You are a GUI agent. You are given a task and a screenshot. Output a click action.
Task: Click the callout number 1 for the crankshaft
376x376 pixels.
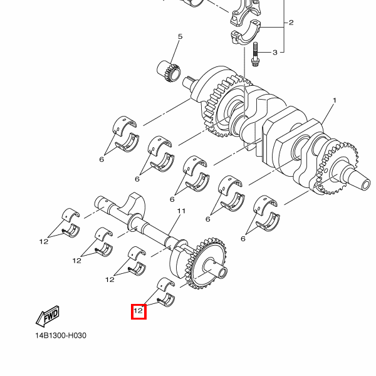pos(335,100)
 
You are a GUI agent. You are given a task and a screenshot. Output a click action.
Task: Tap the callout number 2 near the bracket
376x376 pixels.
pos(291,23)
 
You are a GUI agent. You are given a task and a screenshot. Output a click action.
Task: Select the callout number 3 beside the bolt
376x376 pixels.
pos(275,52)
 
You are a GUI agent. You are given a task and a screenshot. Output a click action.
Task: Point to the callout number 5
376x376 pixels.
pos(180,36)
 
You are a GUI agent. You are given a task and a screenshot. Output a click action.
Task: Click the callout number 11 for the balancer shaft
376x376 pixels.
pos(181,211)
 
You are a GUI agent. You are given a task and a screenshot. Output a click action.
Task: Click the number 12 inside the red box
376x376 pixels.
pos(138,311)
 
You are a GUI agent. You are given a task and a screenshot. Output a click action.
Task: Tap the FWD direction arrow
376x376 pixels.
pos(48,316)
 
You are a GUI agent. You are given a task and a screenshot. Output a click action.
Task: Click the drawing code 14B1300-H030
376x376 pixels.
pos(61,335)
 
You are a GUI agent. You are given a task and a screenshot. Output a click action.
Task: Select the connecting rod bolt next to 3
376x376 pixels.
pos(255,54)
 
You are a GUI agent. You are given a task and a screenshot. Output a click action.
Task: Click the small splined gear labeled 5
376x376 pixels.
pos(169,71)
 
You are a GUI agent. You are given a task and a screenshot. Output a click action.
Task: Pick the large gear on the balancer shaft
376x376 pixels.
pos(206,264)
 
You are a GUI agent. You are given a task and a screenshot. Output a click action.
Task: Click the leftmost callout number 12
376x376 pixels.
pos(44,241)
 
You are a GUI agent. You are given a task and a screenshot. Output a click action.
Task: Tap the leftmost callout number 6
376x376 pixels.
pos(102,159)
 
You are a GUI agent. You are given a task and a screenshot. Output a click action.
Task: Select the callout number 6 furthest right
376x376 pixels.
pos(243,239)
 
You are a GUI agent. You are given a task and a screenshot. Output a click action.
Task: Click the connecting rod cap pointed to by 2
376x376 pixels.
pos(246,32)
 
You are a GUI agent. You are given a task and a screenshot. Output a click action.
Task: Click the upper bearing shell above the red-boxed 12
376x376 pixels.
pos(166,283)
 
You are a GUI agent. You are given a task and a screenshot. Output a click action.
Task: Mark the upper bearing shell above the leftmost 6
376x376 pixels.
pos(124,125)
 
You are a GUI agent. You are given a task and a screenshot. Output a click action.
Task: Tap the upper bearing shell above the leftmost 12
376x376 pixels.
pos(71,214)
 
